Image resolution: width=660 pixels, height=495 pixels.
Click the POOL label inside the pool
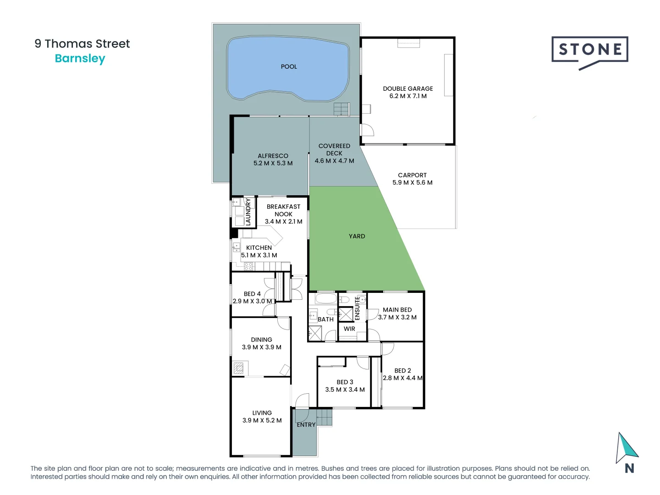(x=289, y=67)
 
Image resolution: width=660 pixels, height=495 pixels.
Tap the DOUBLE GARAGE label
(x=408, y=88)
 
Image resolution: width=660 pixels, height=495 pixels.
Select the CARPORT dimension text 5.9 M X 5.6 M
(x=412, y=182)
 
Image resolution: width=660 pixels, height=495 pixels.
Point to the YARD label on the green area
(x=357, y=236)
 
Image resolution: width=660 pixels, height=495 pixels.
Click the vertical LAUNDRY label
(x=248, y=212)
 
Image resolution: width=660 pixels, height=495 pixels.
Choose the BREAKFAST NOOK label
(x=283, y=210)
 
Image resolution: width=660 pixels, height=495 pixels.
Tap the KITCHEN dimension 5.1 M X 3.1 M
(x=259, y=255)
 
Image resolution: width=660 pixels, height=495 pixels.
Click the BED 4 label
(x=252, y=294)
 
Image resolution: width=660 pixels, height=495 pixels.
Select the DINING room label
(x=261, y=340)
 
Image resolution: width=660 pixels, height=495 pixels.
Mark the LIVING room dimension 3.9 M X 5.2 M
(x=262, y=420)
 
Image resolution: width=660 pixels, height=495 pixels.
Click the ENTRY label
(x=306, y=425)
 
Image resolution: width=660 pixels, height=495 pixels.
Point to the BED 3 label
(x=345, y=382)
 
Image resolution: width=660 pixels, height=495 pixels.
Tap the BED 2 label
(x=402, y=371)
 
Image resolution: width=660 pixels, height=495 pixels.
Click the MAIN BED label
(x=397, y=310)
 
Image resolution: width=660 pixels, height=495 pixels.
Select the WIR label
(x=349, y=329)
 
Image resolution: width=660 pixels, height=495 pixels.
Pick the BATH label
(x=325, y=319)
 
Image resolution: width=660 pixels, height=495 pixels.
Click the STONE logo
(x=589, y=50)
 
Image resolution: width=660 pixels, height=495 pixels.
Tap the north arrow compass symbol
(x=626, y=449)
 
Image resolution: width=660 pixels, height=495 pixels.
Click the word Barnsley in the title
(x=80, y=59)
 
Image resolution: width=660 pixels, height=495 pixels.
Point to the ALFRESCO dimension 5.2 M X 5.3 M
(x=273, y=163)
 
